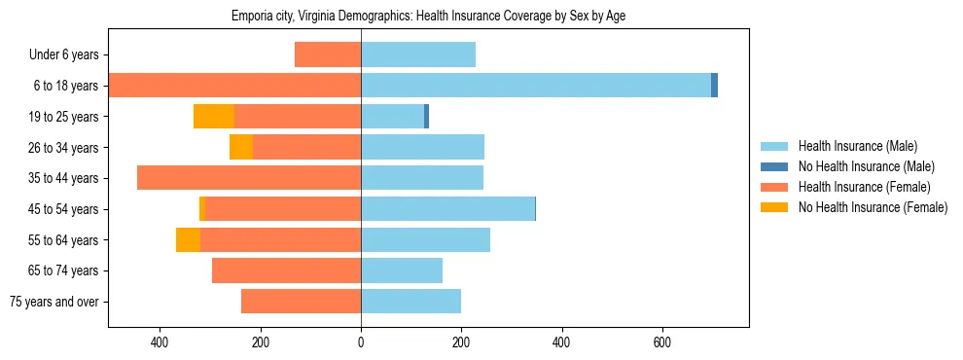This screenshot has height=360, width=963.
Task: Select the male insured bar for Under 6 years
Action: pyautogui.click(x=418, y=54)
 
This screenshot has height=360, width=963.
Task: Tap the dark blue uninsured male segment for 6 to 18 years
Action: pyautogui.click(x=714, y=86)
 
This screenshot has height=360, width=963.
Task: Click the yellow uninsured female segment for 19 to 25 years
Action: pyautogui.click(x=214, y=117)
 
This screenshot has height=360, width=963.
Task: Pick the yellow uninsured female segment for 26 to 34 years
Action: pyautogui.click(x=241, y=147)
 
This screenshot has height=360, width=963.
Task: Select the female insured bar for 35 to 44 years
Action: pyautogui.click(x=249, y=178)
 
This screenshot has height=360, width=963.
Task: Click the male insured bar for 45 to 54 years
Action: pyautogui.click(x=447, y=209)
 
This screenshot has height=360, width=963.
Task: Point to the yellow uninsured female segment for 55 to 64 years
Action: pyautogui.click(x=188, y=239)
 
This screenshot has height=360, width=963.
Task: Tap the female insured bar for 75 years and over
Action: pyautogui.click(x=301, y=302)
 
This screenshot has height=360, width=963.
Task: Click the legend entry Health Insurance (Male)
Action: pyautogui.click(x=857, y=146)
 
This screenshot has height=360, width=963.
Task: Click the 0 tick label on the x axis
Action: pyautogui.click(x=361, y=342)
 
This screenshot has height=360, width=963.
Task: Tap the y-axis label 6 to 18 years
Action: pyautogui.click(x=64, y=86)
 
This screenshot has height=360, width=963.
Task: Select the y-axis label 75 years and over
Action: pyautogui.click(x=54, y=302)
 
